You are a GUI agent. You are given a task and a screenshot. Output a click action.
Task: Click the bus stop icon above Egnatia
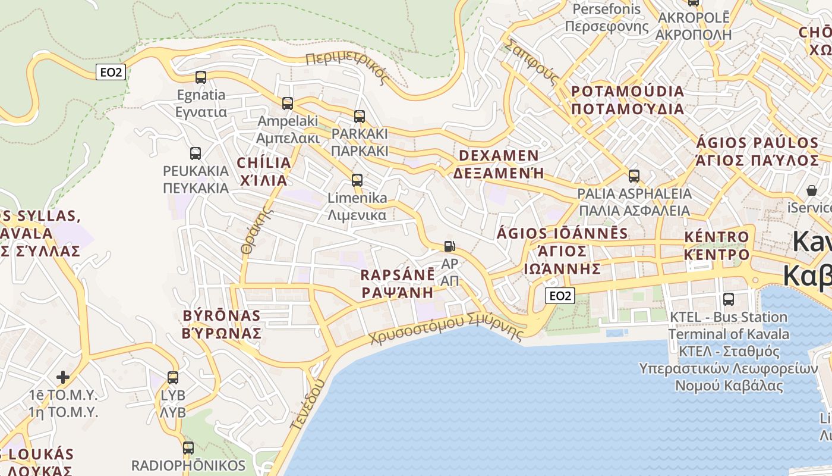201,77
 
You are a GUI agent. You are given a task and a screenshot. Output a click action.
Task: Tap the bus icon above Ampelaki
288,103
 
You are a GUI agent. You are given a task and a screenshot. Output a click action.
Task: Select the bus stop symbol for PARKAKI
359,116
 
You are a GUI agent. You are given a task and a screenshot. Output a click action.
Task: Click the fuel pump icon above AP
450,246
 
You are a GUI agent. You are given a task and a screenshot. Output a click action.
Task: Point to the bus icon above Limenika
357,180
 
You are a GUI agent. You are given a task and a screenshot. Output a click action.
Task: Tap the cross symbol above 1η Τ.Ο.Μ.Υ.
63,377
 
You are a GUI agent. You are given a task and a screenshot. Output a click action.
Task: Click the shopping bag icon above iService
811,190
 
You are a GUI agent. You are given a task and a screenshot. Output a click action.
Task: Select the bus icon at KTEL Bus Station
729,299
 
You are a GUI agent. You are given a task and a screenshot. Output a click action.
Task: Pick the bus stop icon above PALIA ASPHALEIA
634,176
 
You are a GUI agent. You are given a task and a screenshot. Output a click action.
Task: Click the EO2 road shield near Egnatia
111,72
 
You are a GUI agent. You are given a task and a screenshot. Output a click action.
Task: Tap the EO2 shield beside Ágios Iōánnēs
560,295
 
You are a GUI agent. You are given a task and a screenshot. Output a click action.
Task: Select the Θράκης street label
253,232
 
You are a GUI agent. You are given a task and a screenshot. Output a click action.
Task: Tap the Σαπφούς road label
532,63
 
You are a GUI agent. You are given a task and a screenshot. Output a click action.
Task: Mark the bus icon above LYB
173,377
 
